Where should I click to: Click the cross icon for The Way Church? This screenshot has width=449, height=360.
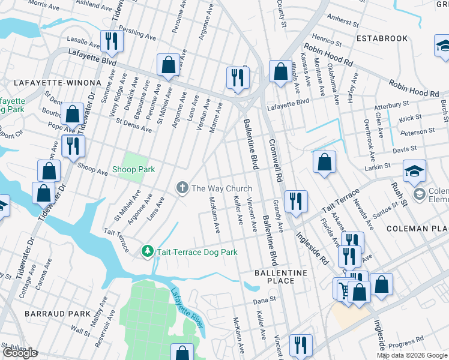(x=182, y=188)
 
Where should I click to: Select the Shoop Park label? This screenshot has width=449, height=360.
(x=133, y=170)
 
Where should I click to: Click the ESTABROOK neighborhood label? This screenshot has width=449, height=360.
(x=382, y=38)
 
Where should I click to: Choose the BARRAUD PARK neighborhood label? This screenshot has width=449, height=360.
(x=49, y=314)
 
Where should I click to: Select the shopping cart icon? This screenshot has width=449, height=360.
(x=343, y=289)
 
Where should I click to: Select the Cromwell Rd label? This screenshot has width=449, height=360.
(x=275, y=161)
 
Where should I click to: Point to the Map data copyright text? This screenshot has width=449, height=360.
(x=411, y=355)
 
